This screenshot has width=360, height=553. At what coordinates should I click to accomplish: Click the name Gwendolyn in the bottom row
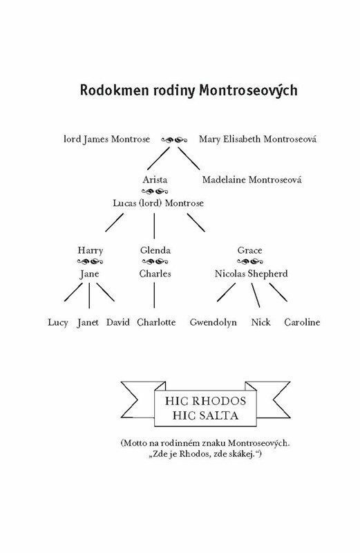214,323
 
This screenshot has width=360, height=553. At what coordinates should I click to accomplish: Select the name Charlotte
156,322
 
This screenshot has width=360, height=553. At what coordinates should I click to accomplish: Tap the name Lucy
58,323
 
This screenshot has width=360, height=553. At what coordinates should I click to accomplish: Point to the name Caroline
302,322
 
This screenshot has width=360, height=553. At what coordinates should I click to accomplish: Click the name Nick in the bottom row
261,322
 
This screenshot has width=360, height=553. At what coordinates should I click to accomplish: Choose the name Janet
88,323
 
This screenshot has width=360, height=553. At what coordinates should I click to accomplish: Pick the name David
118,322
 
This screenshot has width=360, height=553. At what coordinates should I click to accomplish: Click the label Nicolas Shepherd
251,274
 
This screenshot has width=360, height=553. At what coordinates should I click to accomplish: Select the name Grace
249,250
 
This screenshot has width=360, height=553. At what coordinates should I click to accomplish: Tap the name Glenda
155,250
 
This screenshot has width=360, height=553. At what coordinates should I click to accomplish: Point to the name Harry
91,251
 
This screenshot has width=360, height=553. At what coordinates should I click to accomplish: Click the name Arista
155,180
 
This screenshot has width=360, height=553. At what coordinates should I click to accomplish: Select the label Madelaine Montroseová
252,180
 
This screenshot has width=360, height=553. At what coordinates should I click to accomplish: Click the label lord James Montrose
107,140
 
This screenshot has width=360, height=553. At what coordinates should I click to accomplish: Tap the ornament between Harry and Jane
90,262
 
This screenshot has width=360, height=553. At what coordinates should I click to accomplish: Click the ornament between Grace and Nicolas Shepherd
250,262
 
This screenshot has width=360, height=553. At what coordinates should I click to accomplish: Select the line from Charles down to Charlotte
154,295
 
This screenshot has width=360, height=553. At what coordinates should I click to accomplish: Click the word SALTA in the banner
219,415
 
